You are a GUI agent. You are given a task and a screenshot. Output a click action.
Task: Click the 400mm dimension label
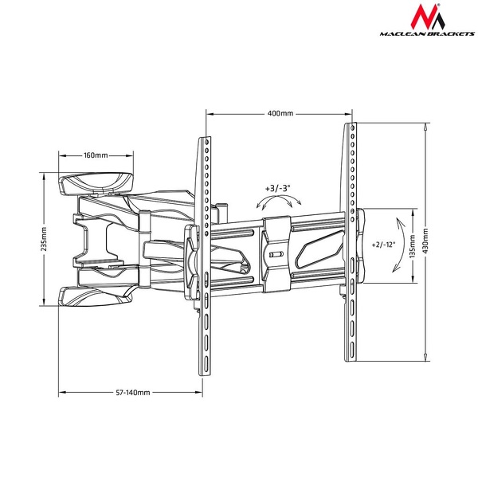[279, 114]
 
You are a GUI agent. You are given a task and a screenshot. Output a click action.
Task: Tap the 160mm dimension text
[96, 155]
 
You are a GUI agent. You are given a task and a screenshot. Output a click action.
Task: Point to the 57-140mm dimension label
[133, 392]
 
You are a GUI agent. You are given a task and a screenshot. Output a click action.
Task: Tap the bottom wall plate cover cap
[96, 296]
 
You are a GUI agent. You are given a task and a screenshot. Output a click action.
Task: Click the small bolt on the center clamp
[276, 255]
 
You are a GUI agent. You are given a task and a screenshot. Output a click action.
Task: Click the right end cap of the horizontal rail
[359, 247]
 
